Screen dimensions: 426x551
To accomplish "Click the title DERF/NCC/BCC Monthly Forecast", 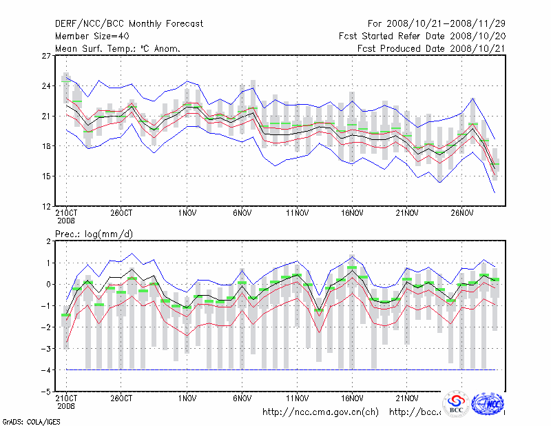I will (129, 24).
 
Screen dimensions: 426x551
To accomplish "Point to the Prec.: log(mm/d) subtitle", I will (94, 234).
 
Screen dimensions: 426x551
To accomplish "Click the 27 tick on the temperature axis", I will (47, 56).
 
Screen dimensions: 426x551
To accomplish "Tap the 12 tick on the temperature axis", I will (47, 206).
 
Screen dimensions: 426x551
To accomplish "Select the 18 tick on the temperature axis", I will (47, 146).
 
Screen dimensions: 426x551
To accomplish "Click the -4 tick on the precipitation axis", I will (47, 370).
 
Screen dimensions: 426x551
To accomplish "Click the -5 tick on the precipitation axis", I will (47, 392).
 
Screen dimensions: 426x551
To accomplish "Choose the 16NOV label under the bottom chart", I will (352, 398).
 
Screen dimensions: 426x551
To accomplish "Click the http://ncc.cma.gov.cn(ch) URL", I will (320, 412).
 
